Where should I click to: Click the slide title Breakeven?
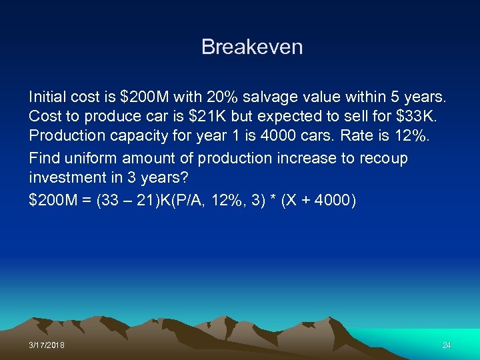252,47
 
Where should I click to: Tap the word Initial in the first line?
47,97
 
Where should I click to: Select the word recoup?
383,159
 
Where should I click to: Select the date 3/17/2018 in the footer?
47,345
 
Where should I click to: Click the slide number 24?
446,345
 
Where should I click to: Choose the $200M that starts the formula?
54,200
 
